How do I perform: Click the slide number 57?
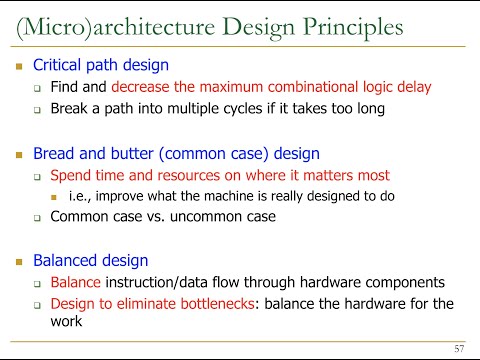pyautogui.click(x=459, y=349)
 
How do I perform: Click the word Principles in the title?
pyautogui.click(x=353, y=28)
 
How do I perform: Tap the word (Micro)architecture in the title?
pyautogui.click(x=116, y=28)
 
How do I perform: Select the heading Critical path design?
pyautogui.click(x=101, y=65)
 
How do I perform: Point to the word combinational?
pyautogui.click(x=312, y=87)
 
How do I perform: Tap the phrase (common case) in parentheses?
pyautogui.click(x=214, y=154)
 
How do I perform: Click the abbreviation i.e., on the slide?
pyautogui.click(x=80, y=196)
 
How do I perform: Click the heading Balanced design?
pyautogui.click(x=90, y=260)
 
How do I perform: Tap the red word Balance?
pyautogui.click(x=75, y=282)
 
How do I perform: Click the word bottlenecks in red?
pyautogui.click(x=217, y=304)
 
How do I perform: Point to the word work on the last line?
pyautogui.click(x=66, y=321)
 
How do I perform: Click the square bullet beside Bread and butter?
pyautogui.click(x=19, y=155)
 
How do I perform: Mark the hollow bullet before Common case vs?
pyautogui.click(x=37, y=218)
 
